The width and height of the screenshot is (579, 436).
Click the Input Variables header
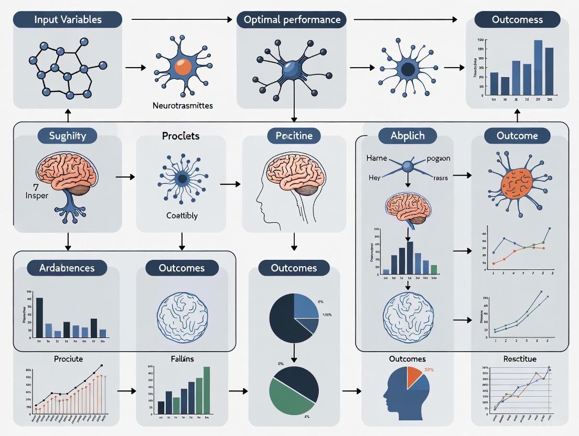68,20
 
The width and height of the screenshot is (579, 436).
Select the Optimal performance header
292,20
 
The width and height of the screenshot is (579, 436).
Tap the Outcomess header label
517,20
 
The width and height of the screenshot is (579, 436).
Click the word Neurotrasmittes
183,105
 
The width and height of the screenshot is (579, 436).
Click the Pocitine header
294,136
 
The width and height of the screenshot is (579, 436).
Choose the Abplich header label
408,136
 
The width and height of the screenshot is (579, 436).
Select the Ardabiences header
67,268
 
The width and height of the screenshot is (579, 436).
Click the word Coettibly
181,215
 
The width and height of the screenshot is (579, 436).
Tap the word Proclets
181,136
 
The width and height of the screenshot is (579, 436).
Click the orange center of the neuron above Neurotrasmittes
183,67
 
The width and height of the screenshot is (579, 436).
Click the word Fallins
182,359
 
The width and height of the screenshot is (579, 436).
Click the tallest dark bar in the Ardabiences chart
39,317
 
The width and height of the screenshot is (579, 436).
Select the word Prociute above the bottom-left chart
69,359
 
